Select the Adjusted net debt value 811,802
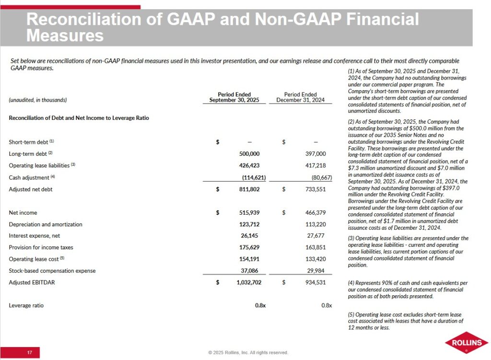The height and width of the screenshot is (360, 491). [x=250, y=189]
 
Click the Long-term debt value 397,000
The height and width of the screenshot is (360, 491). [x=316, y=154]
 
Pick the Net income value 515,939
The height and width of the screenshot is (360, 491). [x=250, y=212]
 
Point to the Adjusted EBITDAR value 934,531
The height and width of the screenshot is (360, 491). [x=316, y=282]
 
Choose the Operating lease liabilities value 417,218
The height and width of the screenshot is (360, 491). [x=316, y=165]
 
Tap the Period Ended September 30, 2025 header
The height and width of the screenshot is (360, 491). [x=234, y=97]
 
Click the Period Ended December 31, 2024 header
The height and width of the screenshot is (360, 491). [x=300, y=97]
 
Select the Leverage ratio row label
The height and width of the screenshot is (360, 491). [x=26, y=305]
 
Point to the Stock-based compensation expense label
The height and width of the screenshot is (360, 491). [x=52, y=271]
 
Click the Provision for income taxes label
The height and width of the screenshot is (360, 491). [x=41, y=247]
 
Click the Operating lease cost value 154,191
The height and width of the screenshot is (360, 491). [x=250, y=259]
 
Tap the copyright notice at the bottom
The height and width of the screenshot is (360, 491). [x=248, y=353]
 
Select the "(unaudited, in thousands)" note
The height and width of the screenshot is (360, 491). [x=38, y=100]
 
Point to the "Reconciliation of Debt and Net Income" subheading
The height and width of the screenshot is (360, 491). [x=79, y=118]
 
